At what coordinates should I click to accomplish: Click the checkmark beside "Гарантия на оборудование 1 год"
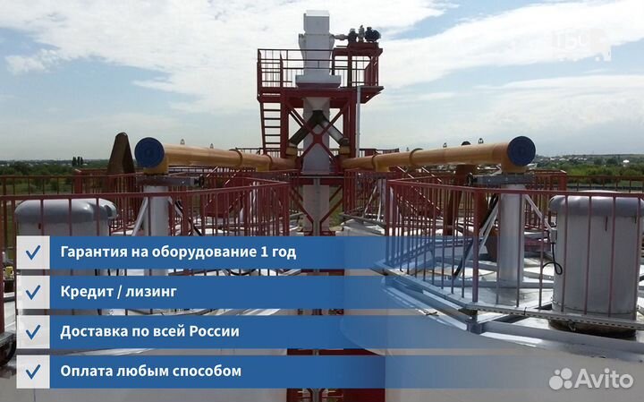(33, 252)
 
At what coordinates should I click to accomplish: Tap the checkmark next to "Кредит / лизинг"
(33, 292)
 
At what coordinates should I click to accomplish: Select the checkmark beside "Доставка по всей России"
(33, 331)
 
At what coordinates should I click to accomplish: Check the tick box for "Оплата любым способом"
(33, 371)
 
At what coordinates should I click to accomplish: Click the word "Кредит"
(87, 292)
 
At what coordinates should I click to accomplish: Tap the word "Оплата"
(88, 371)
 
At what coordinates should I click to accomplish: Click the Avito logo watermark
(591, 378)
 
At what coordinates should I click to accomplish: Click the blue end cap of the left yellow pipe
(148, 153)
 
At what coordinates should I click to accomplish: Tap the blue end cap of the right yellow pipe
(521, 150)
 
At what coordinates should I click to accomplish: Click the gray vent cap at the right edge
(596, 215)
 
